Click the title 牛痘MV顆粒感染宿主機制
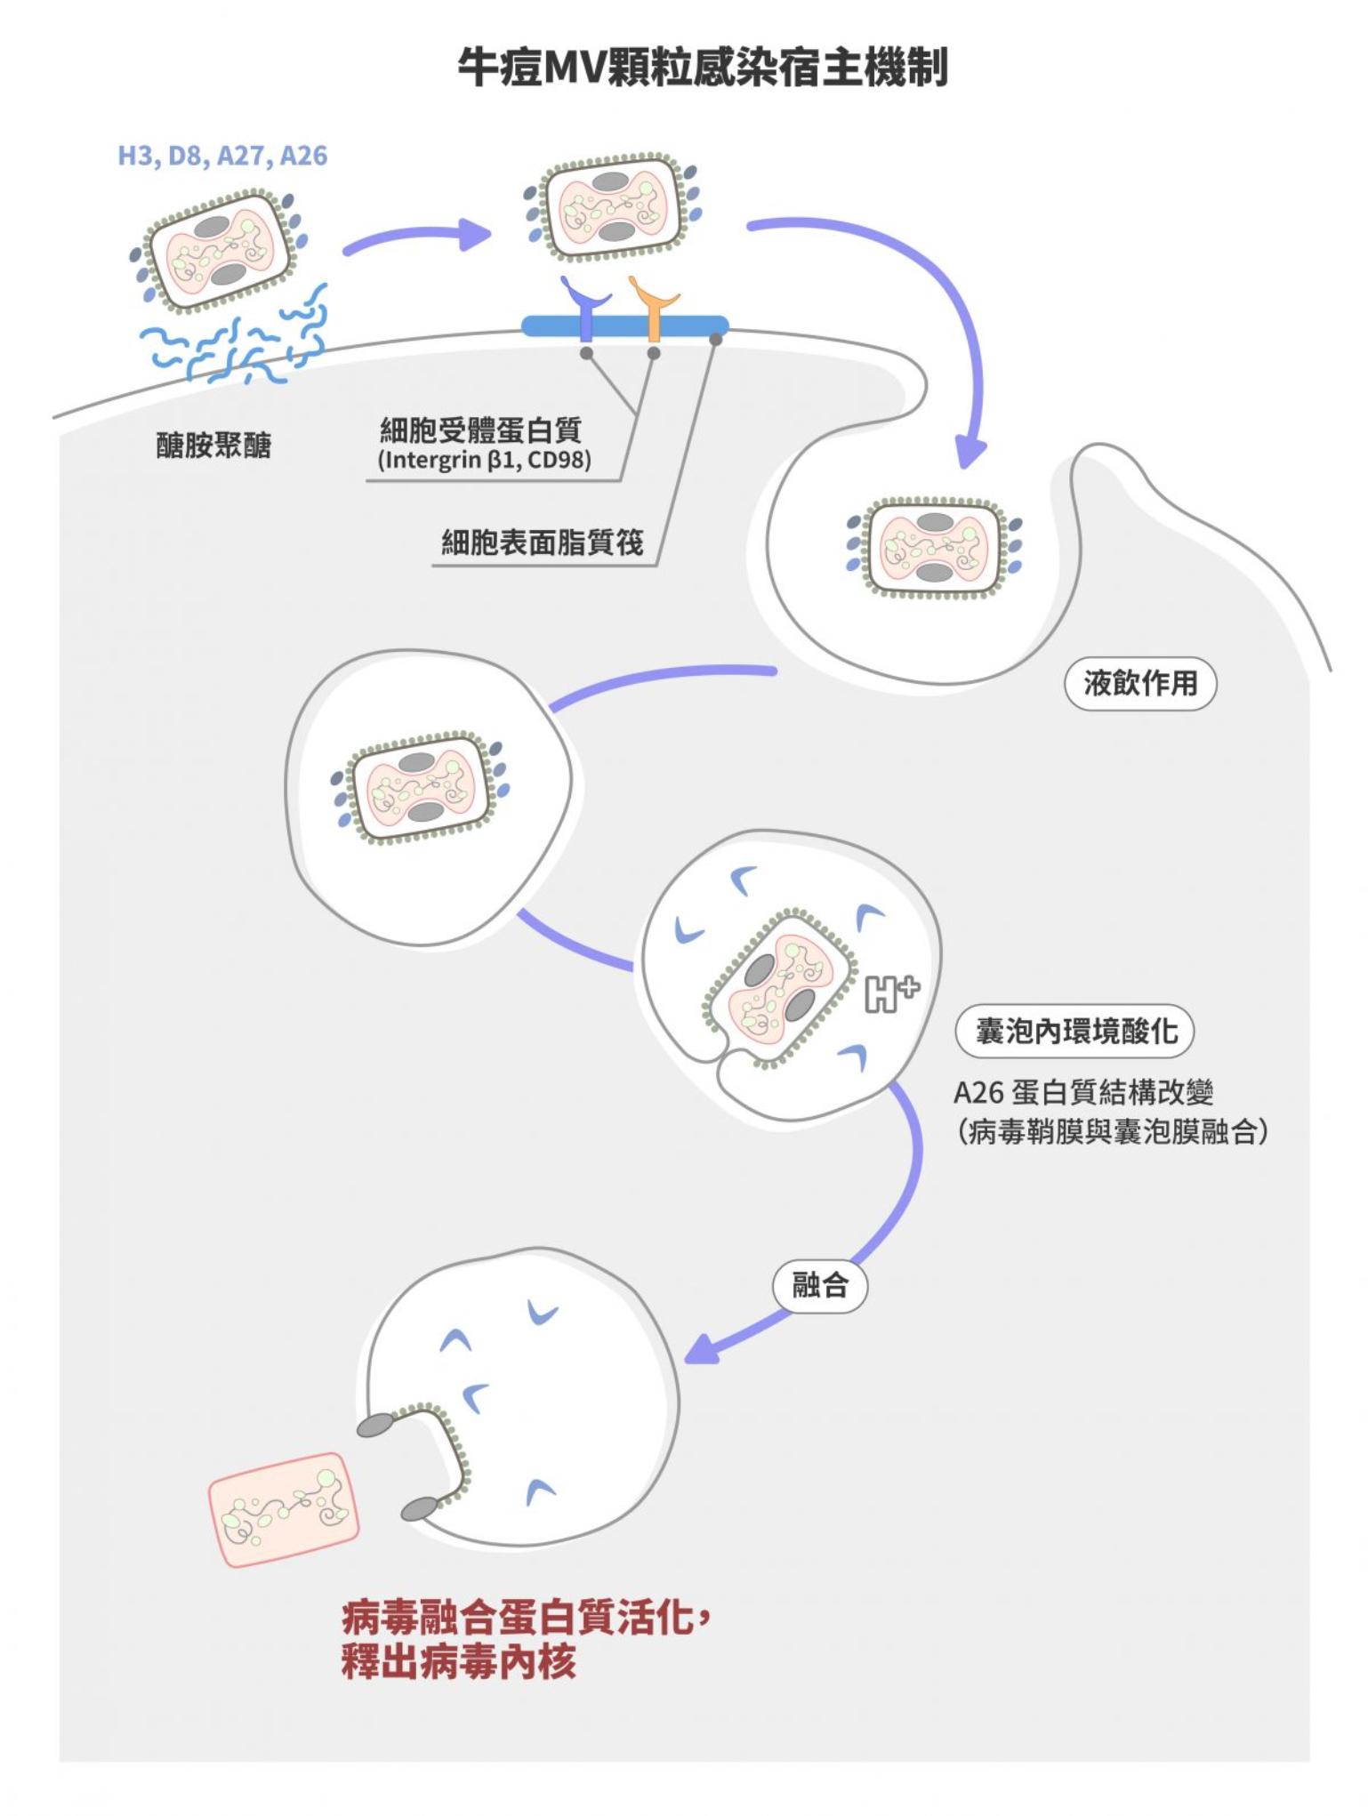pos(702,67)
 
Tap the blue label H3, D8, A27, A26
pos(222,156)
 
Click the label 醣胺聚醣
pos(213,445)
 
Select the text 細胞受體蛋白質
pos(480,430)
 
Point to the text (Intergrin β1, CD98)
pos(485,461)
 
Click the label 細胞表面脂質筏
pos(543,542)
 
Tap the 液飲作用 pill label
pos(1139,683)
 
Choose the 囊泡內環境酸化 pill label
pos(1074,1031)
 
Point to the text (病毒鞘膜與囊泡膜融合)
pos(1113,1131)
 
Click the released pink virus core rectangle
pos(284,1508)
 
